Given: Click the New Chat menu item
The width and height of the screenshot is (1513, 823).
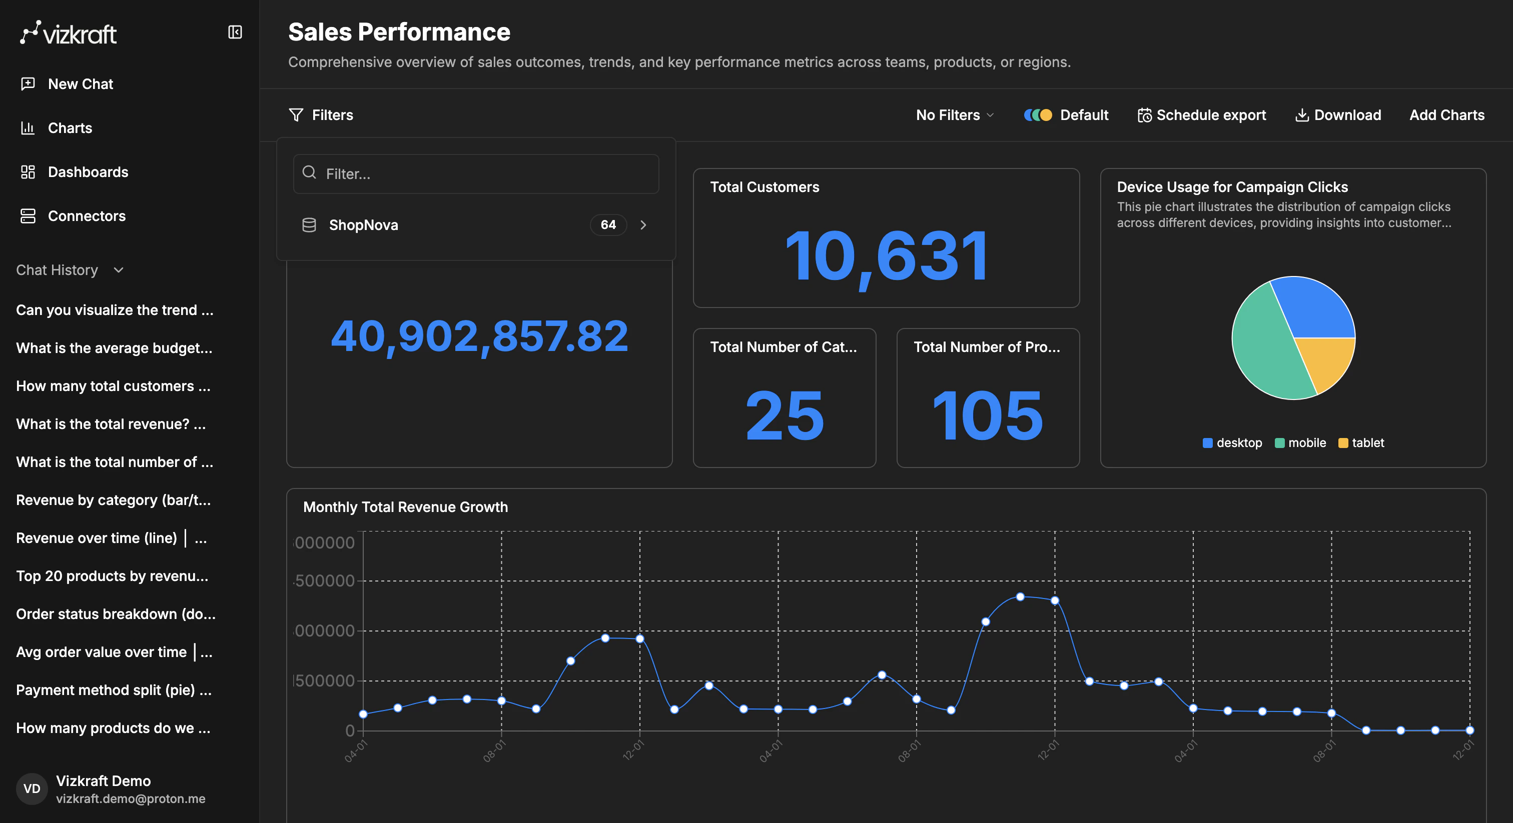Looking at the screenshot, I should tap(81, 84).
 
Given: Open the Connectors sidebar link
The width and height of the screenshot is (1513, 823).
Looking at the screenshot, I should tap(87, 216).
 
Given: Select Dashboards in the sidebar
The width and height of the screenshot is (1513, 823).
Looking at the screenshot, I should tap(88, 172).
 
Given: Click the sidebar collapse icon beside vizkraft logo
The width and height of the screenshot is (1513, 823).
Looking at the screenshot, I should tap(235, 32).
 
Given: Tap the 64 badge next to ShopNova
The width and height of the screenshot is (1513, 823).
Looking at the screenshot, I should tap(608, 225).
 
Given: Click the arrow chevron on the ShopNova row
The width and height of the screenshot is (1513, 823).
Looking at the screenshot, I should tap(643, 225).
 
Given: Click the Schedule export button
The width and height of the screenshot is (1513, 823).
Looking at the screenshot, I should tap(1202, 115).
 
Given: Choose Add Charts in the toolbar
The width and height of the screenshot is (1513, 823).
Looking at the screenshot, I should tap(1446, 115).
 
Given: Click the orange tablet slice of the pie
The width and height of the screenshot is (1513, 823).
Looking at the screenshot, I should tap(1324, 361).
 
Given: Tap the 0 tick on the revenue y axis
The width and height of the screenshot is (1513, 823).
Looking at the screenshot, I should tap(350, 731).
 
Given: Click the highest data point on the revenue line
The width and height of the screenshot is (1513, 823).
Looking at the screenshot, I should tap(1020, 596).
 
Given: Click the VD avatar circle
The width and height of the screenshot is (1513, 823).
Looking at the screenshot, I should tap(32, 788).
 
